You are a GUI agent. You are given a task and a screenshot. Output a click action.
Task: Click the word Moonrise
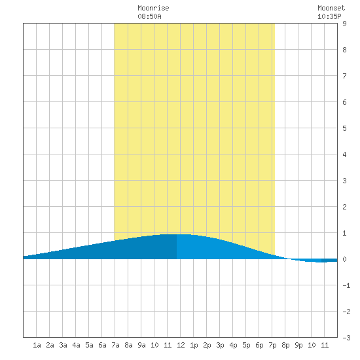pos(153,8)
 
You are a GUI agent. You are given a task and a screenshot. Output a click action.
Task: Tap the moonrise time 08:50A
pos(149,16)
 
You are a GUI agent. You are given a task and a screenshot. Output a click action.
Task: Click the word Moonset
pos(331,8)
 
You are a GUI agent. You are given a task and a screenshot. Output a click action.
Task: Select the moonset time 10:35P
pos(329,16)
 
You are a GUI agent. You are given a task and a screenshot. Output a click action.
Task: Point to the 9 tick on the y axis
pos(344,24)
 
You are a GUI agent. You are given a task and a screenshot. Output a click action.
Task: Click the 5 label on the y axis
pos(344,128)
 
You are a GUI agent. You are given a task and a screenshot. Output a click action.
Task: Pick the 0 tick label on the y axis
pos(344,259)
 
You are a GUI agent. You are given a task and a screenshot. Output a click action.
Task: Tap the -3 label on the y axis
pos(346,338)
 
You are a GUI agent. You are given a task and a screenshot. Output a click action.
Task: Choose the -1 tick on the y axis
pos(346,285)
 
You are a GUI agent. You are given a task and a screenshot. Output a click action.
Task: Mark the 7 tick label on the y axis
pos(344,76)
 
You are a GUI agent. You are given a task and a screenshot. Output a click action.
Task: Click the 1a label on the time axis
pos(37,345)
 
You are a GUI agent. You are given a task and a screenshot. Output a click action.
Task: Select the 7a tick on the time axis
pos(115,345)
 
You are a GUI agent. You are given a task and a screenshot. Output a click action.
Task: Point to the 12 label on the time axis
pos(181,345)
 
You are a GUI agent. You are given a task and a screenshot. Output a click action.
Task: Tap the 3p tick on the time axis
pos(220,345)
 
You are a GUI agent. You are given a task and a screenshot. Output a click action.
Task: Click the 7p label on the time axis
pos(272,345)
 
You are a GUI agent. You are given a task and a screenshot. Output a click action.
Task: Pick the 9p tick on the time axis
pos(298,345)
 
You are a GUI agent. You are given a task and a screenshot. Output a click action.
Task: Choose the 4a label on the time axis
pos(76,345)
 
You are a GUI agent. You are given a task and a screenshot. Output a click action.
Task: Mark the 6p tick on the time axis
pos(259,345)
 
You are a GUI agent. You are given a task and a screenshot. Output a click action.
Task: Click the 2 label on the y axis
pos(344,207)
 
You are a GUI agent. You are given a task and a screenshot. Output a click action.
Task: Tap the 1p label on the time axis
pos(194,345)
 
